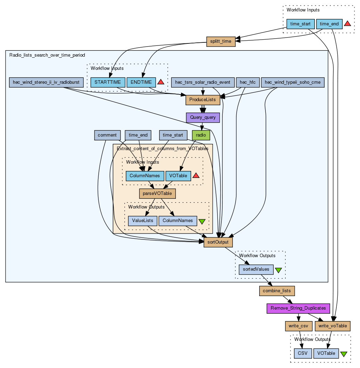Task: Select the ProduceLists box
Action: (203, 100)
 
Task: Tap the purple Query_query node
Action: (203, 117)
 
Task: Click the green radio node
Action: (201, 135)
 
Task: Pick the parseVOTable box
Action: (157, 193)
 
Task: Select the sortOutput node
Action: (218, 242)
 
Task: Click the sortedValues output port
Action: (256, 269)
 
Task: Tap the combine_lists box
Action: (277, 291)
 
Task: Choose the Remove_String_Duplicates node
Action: (298, 308)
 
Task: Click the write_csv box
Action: (298, 326)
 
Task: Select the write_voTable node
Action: (332, 326)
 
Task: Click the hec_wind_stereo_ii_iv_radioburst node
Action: (46, 82)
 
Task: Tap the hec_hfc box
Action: (248, 82)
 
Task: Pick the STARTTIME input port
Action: (107, 82)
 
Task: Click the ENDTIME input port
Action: (141, 82)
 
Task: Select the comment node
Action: (107, 135)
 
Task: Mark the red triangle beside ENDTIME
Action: (161, 82)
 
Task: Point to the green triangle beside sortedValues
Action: (278, 270)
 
